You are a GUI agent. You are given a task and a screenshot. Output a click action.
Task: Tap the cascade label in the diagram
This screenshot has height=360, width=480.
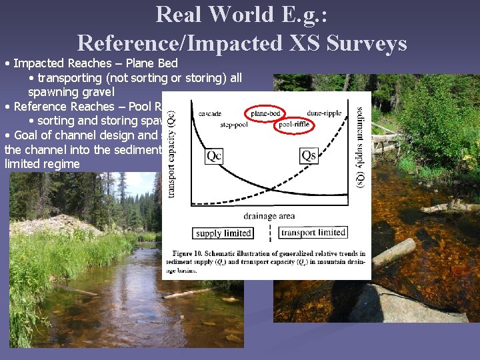click(x=211, y=113)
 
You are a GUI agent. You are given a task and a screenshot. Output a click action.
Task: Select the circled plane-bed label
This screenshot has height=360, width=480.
click(x=265, y=113)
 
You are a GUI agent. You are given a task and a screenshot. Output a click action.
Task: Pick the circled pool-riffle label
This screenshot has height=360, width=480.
click(x=294, y=124)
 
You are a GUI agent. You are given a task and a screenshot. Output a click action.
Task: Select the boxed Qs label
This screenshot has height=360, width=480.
click(x=309, y=156)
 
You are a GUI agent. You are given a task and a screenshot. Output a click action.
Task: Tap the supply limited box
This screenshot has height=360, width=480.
click(x=223, y=233)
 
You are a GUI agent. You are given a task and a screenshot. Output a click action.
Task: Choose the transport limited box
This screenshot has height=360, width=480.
click(x=313, y=233)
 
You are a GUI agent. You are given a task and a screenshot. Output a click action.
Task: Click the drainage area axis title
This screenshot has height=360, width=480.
click(x=269, y=216)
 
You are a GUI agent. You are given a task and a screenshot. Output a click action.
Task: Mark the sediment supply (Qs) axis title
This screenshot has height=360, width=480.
click(x=361, y=146)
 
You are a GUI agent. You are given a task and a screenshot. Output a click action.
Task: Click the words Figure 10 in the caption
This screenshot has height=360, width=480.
click(x=187, y=253)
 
